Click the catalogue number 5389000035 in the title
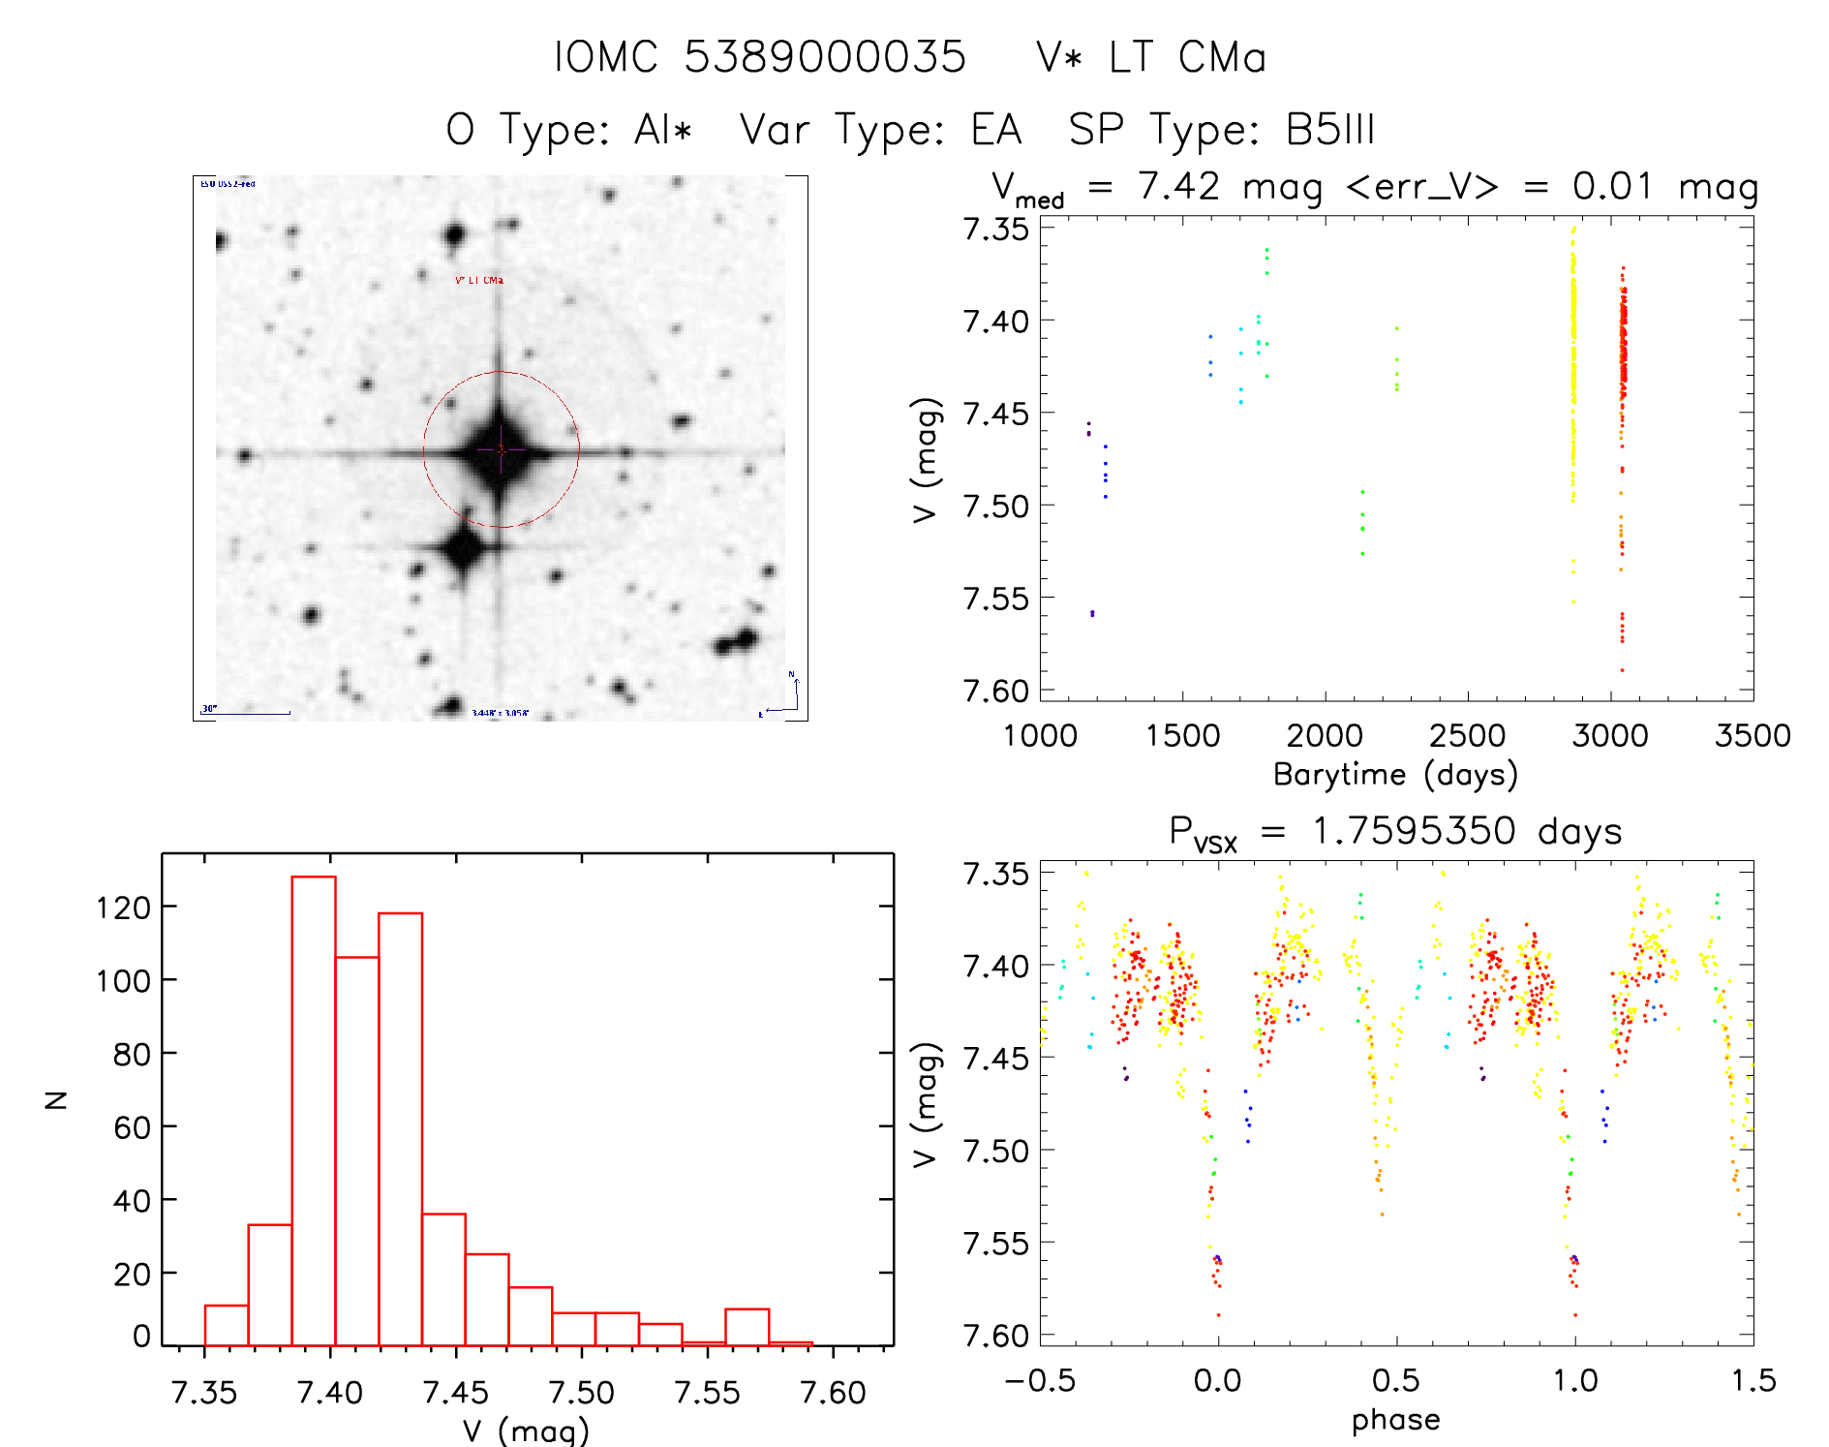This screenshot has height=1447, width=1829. [x=825, y=56]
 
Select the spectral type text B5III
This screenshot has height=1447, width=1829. [x=1330, y=129]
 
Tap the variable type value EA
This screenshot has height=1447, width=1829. [x=996, y=129]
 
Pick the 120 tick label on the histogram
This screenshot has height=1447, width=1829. [x=123, y=908]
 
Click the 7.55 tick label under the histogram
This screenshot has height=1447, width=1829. [x=707, y=1392]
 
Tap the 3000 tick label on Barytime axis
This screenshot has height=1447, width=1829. [x=1610, y=735]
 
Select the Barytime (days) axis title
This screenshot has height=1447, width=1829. [x=1395, y=774]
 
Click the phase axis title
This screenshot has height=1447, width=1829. [x=1395, y=1419]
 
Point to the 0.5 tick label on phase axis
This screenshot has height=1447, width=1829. [x=1395, y=1380]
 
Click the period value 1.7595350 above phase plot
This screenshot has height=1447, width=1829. [x=1414, y=831]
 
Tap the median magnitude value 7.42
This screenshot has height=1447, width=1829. [x=1178, y=186]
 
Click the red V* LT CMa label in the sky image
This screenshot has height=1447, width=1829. [x=479, y=280]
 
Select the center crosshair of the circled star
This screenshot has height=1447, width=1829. [x=501, y=449]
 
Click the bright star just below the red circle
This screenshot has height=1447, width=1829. [x=462, y=549]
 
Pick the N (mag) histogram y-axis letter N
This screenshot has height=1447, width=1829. [x=56, y=1099]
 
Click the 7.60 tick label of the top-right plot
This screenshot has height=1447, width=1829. [x=995, y=691]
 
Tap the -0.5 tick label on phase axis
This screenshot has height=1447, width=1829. [x=1040, y=1380]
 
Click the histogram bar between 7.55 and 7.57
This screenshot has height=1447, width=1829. [x=747, y=1327]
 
